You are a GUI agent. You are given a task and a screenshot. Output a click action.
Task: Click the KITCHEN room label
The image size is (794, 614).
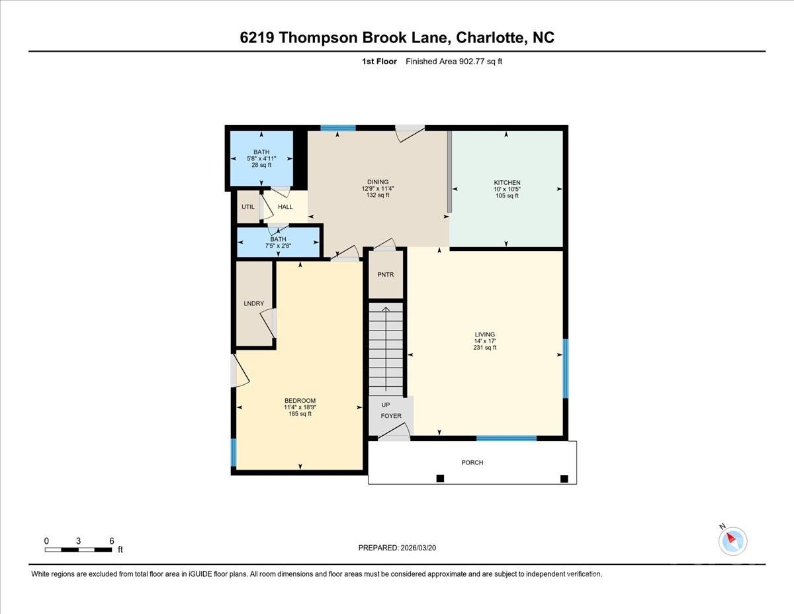tap(507, 183)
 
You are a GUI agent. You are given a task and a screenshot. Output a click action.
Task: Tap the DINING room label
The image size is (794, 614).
tap(378, 182)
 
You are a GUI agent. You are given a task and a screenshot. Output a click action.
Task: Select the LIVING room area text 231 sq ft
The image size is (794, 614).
tap(484, 348)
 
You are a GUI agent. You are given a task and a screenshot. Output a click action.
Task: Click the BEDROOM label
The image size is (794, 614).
tap(300, 401)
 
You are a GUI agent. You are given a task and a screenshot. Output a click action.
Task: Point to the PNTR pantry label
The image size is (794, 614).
tap(385, 274)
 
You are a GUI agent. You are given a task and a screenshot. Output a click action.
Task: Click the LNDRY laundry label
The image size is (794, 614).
tap(253, 304)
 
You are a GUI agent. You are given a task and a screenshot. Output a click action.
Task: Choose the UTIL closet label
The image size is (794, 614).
tap(247, 207)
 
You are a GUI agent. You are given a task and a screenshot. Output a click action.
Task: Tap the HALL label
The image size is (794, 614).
tap(285, 207)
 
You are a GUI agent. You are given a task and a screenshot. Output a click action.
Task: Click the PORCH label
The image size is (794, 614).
tap(472, 462)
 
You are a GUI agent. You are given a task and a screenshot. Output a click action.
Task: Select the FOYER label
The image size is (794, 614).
tap(390, 416)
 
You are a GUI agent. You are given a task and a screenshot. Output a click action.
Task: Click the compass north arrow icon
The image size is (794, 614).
tap(732, 540)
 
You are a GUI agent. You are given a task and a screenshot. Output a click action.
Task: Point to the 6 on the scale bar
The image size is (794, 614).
tap(111, 540)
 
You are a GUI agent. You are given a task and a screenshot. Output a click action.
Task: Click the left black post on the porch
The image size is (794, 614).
tap(440, 478)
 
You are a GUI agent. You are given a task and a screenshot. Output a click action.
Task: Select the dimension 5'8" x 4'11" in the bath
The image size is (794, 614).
tap(261, 159)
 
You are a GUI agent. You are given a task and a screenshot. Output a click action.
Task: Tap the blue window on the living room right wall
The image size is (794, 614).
tap(565, 368)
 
